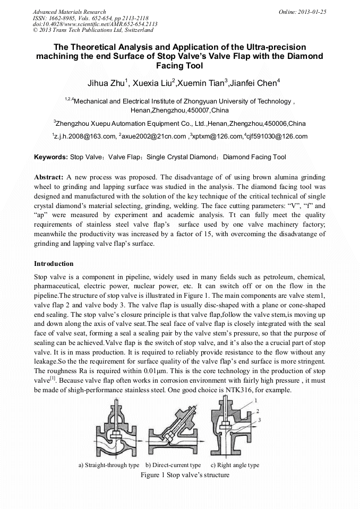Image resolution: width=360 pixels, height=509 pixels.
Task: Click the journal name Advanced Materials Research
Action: pyautogui.click(x=69, y=11)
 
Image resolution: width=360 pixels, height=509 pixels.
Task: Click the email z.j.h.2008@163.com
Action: pyautogui.click(x=85, y=136)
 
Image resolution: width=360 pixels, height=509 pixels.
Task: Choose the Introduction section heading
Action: pyautogui.click(x=54, y=264)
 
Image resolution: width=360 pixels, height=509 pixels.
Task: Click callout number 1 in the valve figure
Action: pyautogui.click(x=256, y=400)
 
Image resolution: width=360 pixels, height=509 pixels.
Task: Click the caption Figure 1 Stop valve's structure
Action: pyautogui.click(x=184, y=475)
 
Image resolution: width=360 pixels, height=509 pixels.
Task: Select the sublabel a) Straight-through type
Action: pyautogui.click(x=109, y=465)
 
